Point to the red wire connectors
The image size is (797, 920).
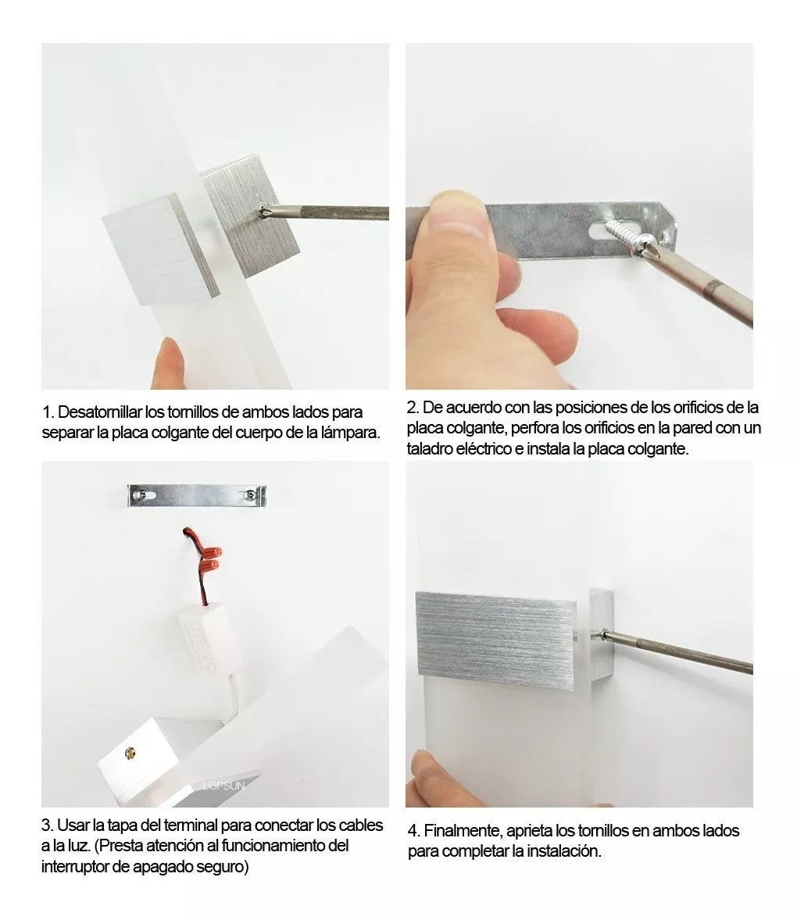click(209, 559)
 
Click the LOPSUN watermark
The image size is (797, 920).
click(223, 786)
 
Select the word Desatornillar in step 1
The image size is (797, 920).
click(100, 412)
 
